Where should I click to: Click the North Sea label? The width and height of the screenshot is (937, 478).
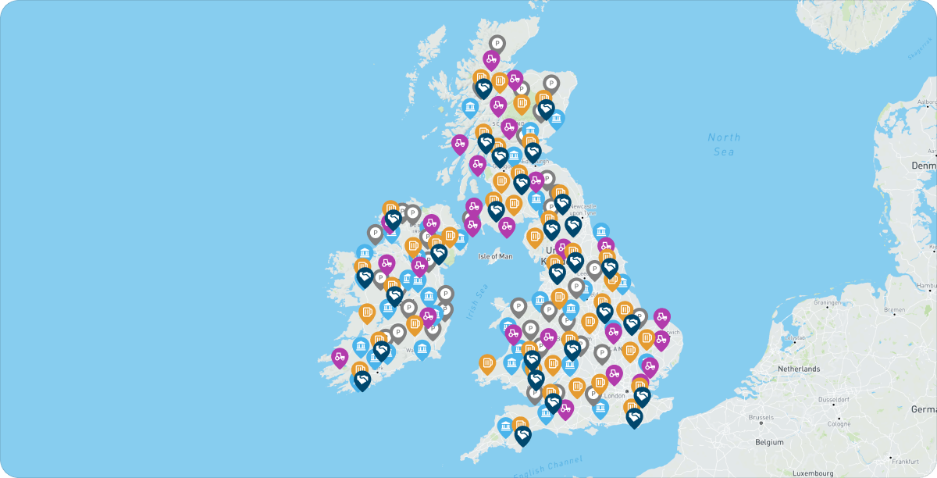(724, 144)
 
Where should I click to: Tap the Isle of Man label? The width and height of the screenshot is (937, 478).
(495, 256)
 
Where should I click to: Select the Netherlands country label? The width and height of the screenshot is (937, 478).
(799, 368)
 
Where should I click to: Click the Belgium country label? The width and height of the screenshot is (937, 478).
(768, 442)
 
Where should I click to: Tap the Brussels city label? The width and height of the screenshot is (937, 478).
(761, 418)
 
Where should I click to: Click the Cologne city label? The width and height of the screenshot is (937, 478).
(839, 424)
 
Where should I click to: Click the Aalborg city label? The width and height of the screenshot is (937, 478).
(925, 102)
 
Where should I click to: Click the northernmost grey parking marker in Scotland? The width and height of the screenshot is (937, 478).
(497, 44)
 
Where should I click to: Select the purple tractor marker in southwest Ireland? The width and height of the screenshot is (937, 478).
(340, 357)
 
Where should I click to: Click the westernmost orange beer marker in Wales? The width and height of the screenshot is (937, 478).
(487, 363)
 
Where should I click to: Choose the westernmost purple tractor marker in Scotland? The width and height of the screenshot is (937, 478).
(460, 143)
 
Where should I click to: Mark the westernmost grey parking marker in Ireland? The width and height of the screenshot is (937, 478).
(375, 233)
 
